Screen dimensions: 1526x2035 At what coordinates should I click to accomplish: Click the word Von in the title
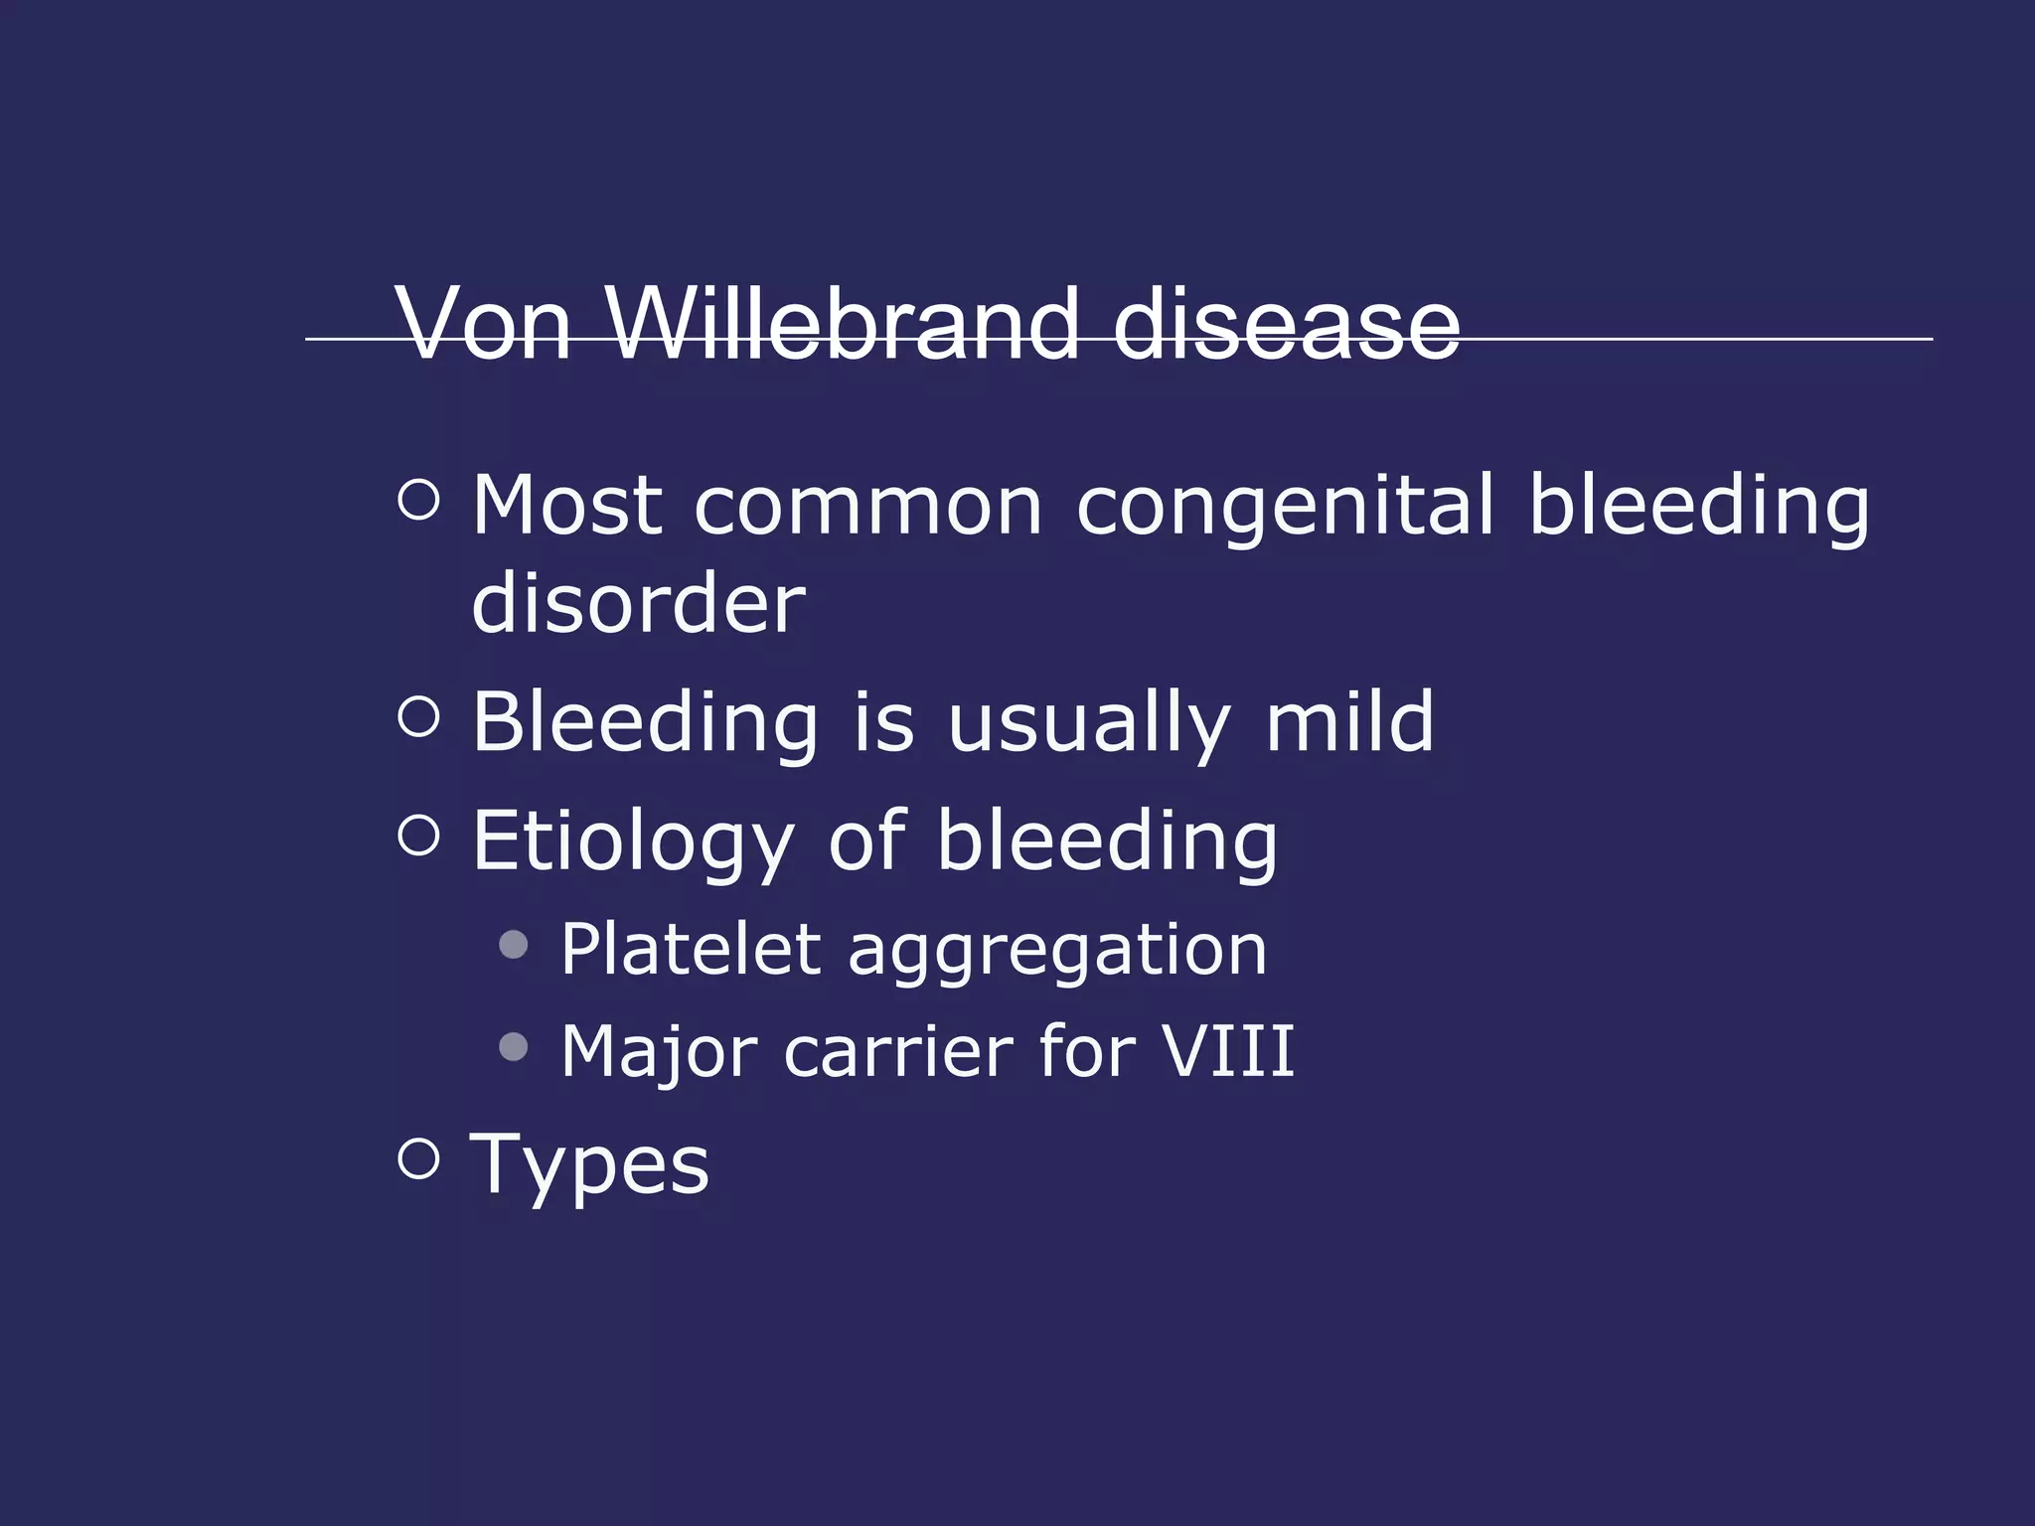pos(484,324)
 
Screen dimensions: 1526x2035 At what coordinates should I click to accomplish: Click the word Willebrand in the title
pos(842,324)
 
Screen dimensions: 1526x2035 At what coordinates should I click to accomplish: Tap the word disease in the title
pos(1286,324)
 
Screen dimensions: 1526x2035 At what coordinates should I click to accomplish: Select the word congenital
pos(1285,506)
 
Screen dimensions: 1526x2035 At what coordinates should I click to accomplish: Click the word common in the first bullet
pos(867,506)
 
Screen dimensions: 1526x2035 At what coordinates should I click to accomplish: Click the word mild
pos(1349,722)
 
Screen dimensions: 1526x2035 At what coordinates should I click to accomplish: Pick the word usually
pos(1088,722)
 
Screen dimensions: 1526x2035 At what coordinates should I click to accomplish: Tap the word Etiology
pos(633,842)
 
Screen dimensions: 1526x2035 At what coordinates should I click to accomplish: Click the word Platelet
pos(692,950)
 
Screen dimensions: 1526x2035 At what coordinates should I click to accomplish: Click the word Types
pos(590,1164)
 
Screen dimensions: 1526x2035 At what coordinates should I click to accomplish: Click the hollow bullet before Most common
pos(418,500)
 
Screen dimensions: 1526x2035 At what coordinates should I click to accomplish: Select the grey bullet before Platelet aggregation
pos(514,944)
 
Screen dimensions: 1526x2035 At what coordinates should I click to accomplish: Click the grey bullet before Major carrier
pos(514,1046)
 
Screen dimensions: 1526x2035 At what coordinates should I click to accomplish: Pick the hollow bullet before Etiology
pos(418,835)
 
